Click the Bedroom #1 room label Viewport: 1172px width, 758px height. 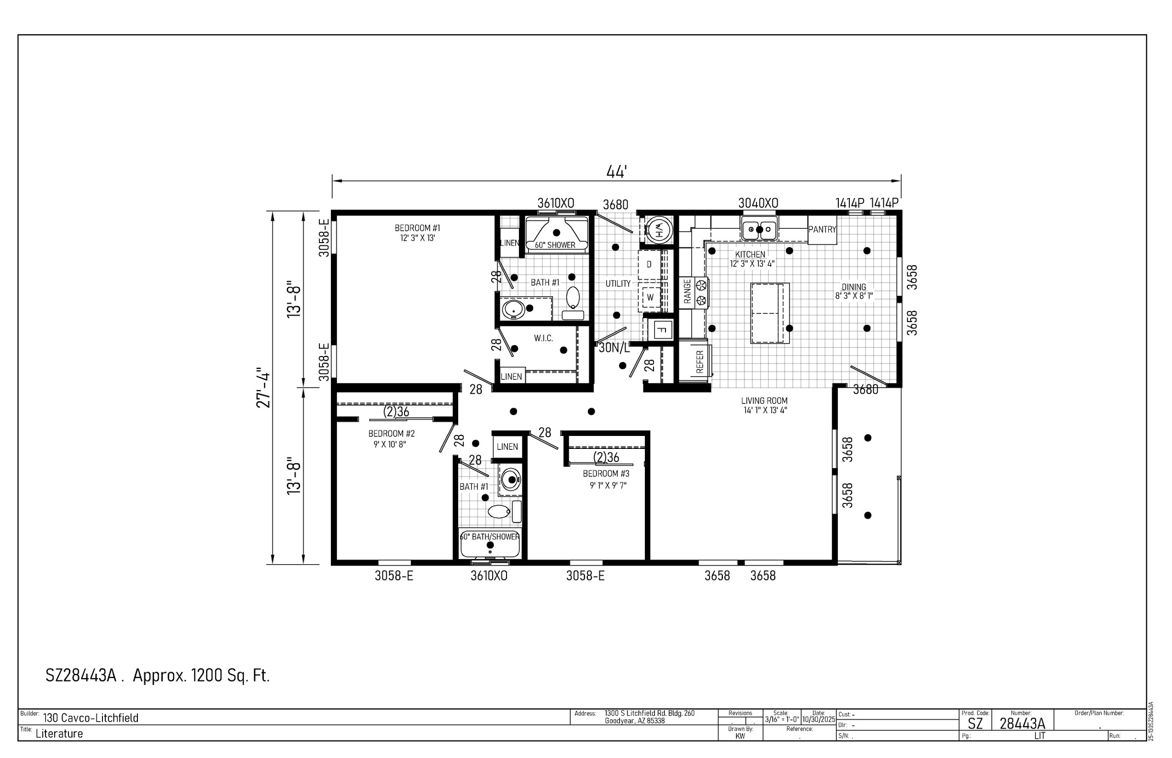[x=417, y=228]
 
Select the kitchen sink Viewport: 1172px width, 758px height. [x=759, y=230]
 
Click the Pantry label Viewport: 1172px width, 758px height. [x=822, y=229]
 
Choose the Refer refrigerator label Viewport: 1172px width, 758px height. [x=700, y=362]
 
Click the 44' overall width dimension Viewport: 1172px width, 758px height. [x=616, y=172]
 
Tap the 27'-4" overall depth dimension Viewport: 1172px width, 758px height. [x=264, y=388]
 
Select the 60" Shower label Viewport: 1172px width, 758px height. [x=555, y=245]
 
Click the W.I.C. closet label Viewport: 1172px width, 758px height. [x=544, y=338]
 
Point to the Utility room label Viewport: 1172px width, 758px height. [x=618, y=283]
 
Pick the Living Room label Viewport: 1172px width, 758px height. [x=764, y=401]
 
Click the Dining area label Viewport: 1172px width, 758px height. [x=854, y=287]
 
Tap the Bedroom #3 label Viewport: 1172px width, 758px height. [x=606, y=473]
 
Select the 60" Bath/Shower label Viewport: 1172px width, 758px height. [x=490, y=536]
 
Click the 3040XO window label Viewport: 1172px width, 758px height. [x=758, y=203]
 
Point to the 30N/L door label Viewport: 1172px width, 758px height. [x=614, y=348]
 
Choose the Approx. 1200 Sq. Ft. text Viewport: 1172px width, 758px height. [x=202, y=675]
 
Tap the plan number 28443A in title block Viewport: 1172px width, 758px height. [x=1022, y=724]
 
